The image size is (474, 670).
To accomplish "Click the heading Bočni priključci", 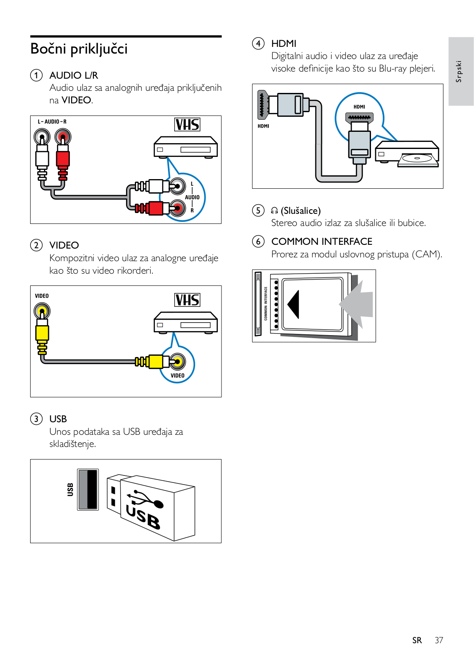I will (79, 49).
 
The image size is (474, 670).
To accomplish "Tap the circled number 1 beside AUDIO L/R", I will (36, 75).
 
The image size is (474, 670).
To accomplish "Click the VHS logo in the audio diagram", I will (187, 125).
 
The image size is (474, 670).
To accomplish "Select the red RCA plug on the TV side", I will (62, 158).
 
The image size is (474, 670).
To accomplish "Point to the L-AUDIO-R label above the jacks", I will (52, 122).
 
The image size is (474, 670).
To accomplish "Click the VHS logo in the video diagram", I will (187, 300).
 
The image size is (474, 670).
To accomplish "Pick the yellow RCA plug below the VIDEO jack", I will (42, 332).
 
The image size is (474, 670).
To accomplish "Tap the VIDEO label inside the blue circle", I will (178, 375).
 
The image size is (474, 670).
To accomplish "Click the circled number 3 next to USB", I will (36, 419).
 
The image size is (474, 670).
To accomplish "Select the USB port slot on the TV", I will (88, 489).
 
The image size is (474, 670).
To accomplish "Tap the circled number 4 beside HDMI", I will (258, 44).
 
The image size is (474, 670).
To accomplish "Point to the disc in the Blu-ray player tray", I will (417, 158).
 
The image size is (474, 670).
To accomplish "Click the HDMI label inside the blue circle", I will (359, 107).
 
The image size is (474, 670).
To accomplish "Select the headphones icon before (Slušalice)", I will (275, 211).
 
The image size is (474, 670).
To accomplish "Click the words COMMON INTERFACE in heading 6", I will (322, 241).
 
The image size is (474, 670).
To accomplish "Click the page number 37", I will (438, 640).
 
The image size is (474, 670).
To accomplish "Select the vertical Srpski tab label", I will (459, 71).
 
